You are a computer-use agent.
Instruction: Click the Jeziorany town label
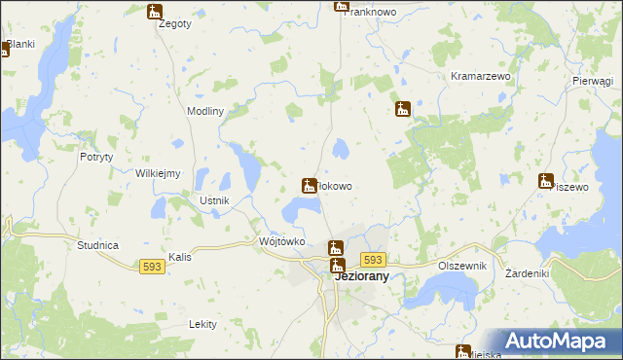(x=362, y=276)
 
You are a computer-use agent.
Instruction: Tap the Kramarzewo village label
(x=474, y=75)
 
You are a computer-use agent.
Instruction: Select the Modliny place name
(x=205, y=111)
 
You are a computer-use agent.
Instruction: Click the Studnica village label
(x=97, y=245)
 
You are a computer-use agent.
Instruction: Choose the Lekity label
(x=202, y=324)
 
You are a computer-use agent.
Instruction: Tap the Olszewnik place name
(x=461, y=265)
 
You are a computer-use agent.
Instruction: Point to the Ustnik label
(x=213, y=200)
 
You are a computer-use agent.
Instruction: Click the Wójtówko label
(x=282, y=240)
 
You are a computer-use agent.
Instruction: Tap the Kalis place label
(x=179, y=257)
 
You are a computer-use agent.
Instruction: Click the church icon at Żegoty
(x=155, y=12)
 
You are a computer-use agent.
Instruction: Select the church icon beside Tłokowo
(x=310, y=185)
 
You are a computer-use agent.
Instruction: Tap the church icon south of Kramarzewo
(x=402, y=109)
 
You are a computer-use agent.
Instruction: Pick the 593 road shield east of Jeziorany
(x=373, y=260)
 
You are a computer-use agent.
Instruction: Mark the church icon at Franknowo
(x=341, y=5)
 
